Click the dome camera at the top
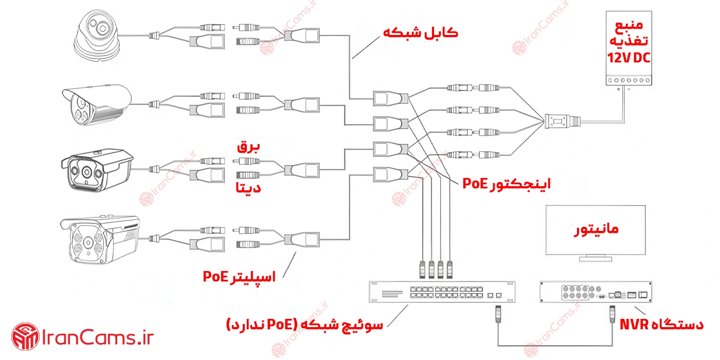tap(97, 35)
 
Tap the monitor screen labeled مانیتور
tap(596, 230)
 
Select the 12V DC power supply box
tap(628, 48)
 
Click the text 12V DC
tap(628, 58)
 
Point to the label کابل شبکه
tap(421, 33)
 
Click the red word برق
tap(248, 147)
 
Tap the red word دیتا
tap(248, 188)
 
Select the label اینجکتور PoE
tap(507, 184)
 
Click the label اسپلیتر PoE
tap(239, 277)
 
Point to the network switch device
tap(442, 292)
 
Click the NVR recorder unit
tap(596, 292)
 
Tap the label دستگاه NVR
tap(661, 325)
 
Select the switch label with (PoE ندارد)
tap(304, 325)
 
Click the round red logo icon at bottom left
tap(25, 337)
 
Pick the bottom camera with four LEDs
tap(100, 240)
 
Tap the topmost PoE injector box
tap(390, 98)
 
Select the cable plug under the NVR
tap(613, 314)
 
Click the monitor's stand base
tap(596, 259)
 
